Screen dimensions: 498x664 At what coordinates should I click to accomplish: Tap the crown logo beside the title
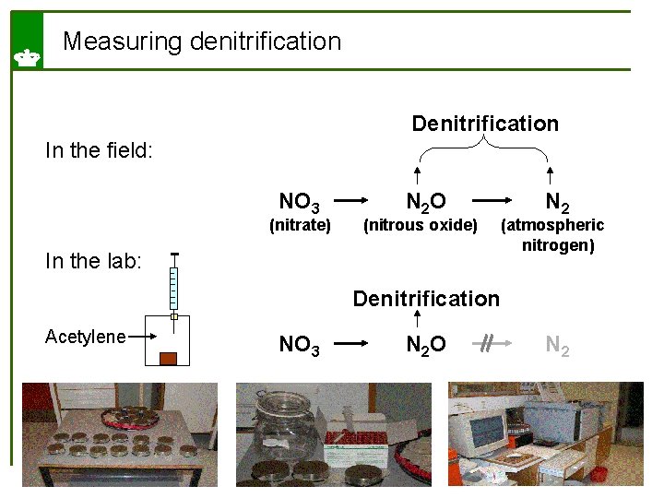26,57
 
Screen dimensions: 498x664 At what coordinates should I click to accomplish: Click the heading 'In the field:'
99,149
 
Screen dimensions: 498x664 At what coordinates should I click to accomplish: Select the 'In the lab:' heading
93,261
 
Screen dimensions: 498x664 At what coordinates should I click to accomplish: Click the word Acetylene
85,337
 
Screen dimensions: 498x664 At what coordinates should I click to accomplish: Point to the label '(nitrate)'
300,224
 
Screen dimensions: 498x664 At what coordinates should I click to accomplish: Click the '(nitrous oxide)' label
421,224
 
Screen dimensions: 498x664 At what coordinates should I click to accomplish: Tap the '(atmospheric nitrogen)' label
551,235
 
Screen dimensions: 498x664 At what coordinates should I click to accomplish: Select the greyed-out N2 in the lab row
557,345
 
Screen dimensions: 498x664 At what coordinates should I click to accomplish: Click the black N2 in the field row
557,201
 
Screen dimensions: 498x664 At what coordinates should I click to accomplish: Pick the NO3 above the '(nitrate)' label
300,201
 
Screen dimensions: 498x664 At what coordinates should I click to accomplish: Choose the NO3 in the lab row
300,345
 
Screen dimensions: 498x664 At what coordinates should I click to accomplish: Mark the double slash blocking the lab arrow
486,343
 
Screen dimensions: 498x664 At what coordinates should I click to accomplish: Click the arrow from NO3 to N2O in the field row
358,198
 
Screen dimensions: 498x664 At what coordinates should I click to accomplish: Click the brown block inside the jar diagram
168,358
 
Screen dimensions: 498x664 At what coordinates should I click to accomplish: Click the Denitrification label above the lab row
426,298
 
